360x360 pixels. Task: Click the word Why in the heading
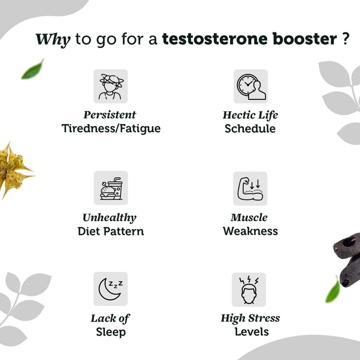(x=53, y=40)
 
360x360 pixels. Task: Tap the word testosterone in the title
(x=215, y=39)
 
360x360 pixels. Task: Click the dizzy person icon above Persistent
(x=111, y=86)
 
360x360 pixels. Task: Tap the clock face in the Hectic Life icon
(x=248, y=85)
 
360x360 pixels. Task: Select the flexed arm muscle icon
(x=250, y=189)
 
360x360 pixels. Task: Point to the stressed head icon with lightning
(x=249, y=290)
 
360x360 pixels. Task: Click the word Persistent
(x=110, y=115)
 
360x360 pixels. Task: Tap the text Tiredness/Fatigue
(x=111, y=129)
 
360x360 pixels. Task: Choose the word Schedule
(x=250, y=129)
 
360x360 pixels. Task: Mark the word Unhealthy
(x=109, y=218)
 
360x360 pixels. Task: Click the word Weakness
(x=250, y=231)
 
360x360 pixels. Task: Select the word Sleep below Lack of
(x=111, y=332)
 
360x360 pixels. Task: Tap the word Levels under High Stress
(x=252, y=332)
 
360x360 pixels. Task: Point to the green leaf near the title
(x=33, y=69)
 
